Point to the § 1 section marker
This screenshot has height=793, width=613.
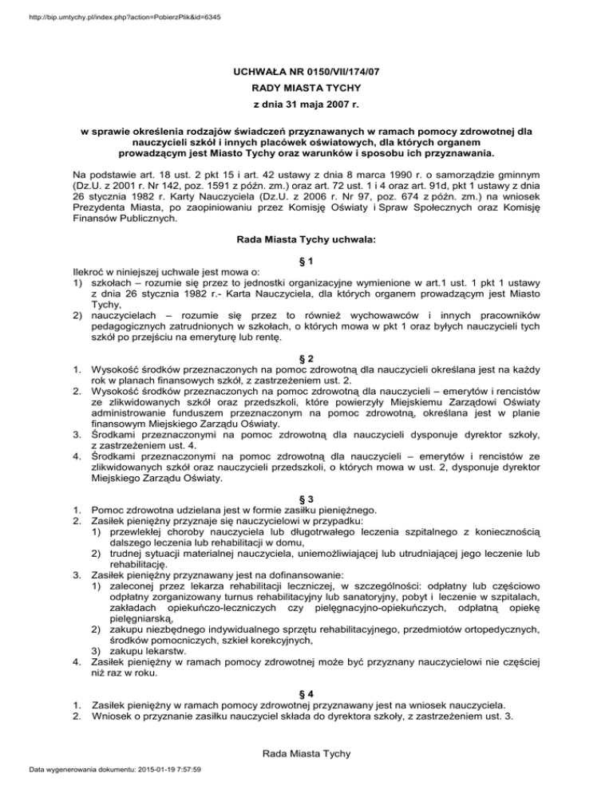pos(306,262)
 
